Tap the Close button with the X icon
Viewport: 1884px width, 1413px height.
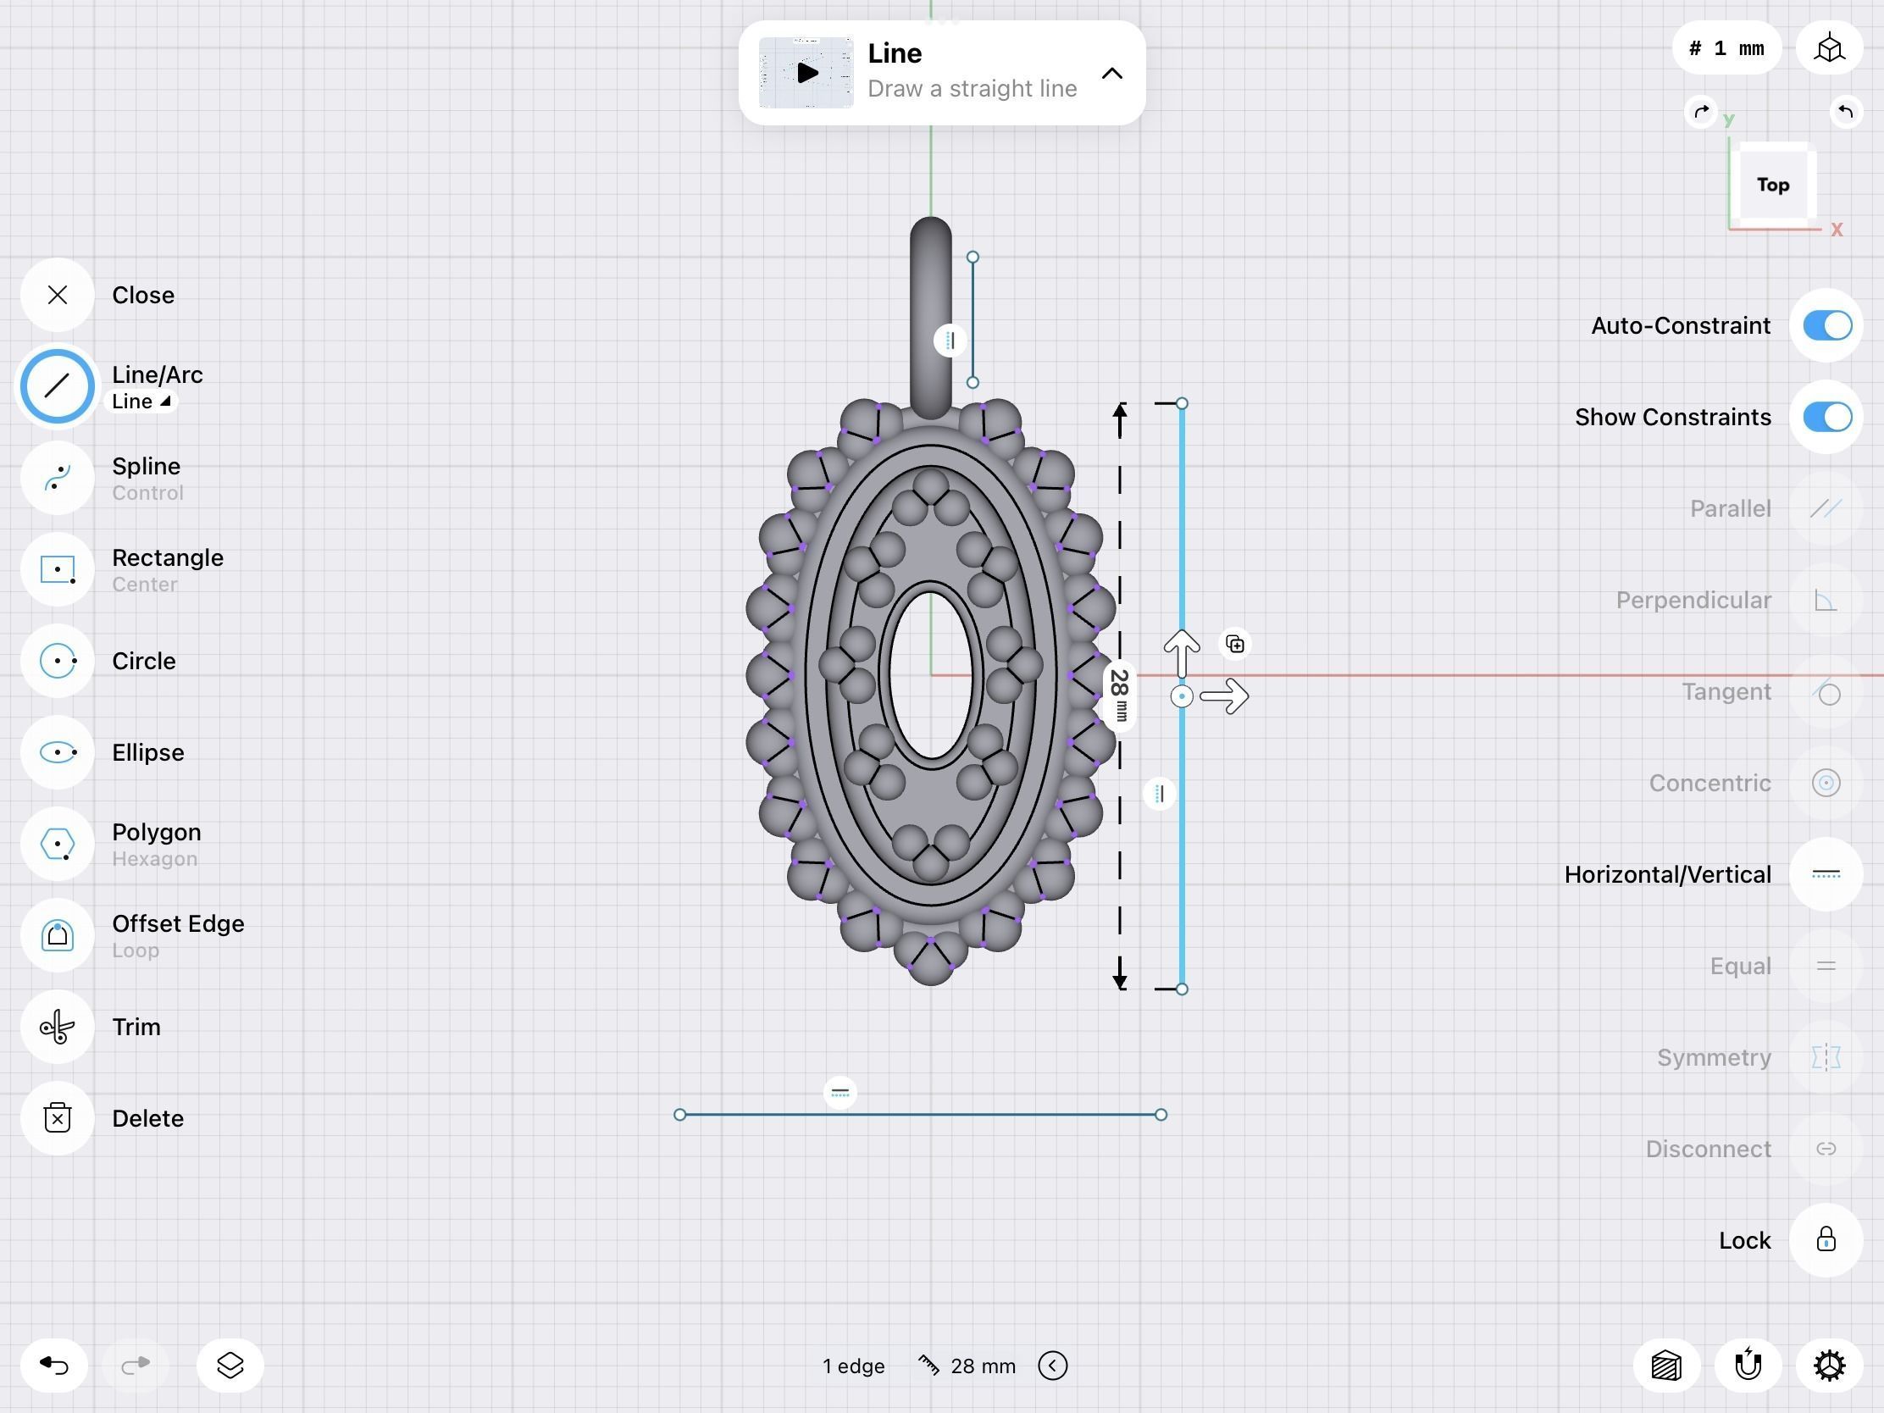pos(57,295)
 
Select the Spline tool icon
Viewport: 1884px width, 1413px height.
pos(57,478)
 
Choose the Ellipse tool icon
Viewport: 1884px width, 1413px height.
pos(57,752)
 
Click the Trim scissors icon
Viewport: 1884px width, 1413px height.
pos(57,1028)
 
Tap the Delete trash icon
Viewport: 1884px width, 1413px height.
pos(57,1118)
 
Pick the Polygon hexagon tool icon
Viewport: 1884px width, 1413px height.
pos(57,844)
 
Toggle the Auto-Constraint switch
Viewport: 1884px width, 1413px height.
pos(1827,325)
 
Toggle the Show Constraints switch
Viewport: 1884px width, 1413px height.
pos(1827,418)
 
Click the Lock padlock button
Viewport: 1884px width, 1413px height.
pos(1826,1240)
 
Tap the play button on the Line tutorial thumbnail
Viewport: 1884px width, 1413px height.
pos(806,73)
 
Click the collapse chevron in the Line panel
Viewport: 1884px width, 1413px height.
pos(1111,74)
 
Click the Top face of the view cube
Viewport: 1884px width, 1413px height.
pos(1772,185)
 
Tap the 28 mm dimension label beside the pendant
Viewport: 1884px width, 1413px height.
pos(1120,695)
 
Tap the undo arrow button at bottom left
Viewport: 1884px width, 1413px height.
pos(54,1366)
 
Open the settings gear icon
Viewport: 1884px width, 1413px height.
pos(1829,1366)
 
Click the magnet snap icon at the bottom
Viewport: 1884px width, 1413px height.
pos(1748,1366)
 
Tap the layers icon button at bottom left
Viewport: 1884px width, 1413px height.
pos(230,1366)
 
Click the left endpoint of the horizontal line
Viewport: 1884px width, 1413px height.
pos(679,1115)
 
